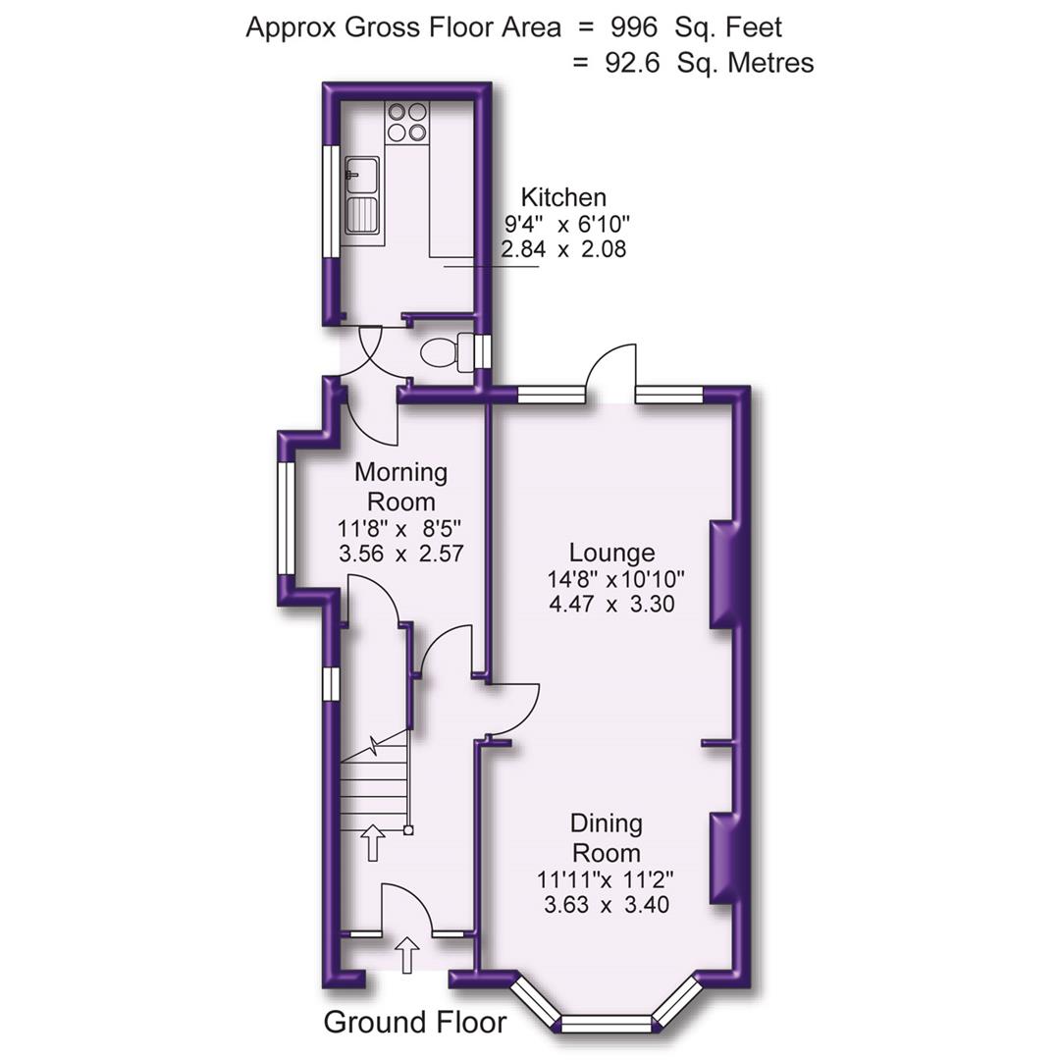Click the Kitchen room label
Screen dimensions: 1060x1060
562,196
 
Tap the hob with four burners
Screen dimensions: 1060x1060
407,122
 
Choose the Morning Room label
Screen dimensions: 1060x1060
400,486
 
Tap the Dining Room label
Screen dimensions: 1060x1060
607,837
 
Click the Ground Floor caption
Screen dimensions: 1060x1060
415,1022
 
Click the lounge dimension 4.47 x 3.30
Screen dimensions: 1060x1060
611,605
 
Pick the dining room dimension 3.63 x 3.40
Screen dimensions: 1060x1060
607,903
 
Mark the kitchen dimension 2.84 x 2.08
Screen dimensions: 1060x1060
563,249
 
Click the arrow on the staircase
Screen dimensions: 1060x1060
373,842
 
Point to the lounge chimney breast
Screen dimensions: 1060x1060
724,574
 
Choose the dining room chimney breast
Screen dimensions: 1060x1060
724,858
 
